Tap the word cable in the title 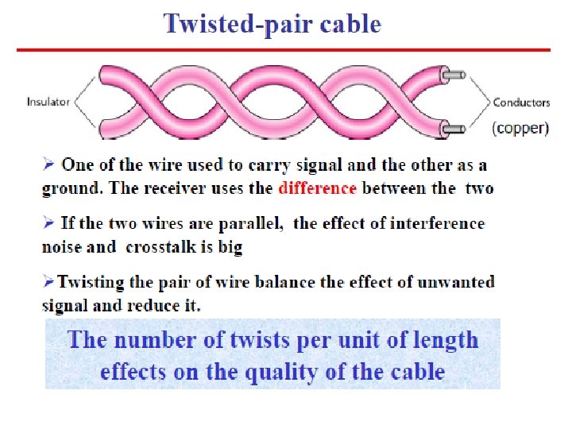[x=350, y=25]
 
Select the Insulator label [x=48, y=102]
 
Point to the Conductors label [x=521, y=102]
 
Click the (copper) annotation [x=520, y=128]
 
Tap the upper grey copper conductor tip [x=455, y=76]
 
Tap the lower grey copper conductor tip [x=455, y=128]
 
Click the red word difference [x=318, y=188]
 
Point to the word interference [x=435, y=223]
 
